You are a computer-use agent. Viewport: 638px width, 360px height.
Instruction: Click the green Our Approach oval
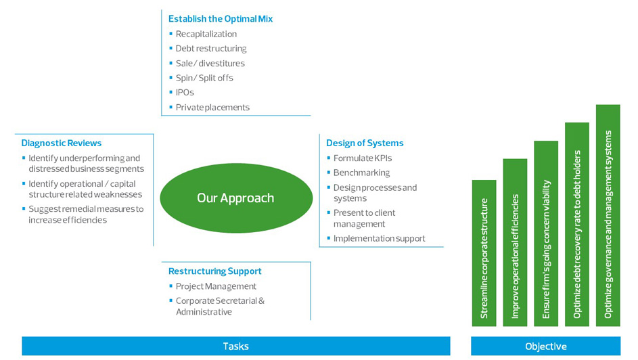[235, 198]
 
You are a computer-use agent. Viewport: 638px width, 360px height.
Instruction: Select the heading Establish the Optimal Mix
[221, 19]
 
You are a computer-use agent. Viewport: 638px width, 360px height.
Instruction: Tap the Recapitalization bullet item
[206, 34]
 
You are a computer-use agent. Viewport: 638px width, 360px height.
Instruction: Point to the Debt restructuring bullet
[211, 49]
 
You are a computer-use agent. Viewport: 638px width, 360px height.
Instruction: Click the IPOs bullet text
[185, 93]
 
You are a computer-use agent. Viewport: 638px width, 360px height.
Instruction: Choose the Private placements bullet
[212, 108]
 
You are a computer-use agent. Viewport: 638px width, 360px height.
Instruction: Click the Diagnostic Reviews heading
[62, 143]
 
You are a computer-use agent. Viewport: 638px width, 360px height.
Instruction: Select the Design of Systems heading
[365, 143]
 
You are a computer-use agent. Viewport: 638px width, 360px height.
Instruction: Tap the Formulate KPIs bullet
[363, 158]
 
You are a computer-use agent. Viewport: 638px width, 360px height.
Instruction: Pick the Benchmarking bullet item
[361, 173]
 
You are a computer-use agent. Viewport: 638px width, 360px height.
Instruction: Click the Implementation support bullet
[380, 238]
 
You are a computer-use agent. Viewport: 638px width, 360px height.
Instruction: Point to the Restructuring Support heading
[215, 271]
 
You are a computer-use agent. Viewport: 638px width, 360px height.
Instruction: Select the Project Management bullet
[216, 286]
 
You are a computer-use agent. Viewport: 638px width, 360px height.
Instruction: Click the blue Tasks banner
[235, 346]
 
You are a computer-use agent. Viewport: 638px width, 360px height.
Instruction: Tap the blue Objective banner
[545, 346]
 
